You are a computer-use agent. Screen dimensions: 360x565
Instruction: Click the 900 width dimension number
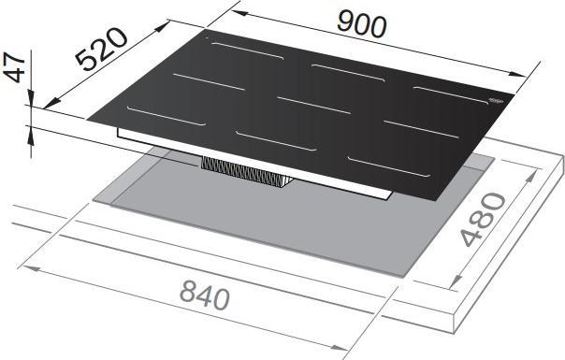pyautogui.click(x=360, y=26)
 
